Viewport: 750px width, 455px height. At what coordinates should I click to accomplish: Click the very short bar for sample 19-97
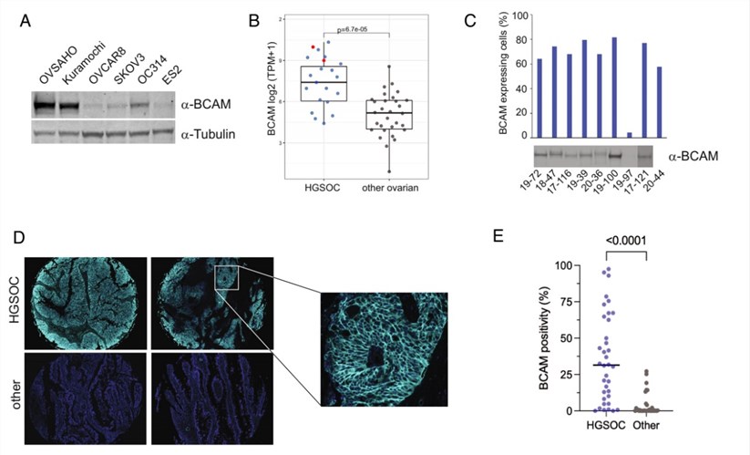[x=629, y=135]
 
